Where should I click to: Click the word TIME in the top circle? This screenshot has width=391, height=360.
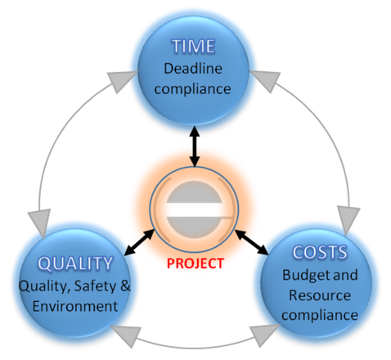click(x=193, y=46)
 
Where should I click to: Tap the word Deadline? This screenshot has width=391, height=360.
click(x=193, y=68)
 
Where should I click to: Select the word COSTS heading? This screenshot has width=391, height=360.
click(x=320, y=252)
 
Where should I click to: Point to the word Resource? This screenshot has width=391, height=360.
click(x=320, y=295)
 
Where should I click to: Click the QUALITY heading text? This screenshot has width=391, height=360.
click(x=75, y=263)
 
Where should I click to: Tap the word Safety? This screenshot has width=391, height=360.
click(x=95, y=286)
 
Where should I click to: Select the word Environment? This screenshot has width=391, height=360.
click(x=75, y=306)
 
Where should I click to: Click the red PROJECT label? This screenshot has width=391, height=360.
click(x=195, y=263)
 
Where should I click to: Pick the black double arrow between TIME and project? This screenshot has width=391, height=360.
click(x=195, y=146)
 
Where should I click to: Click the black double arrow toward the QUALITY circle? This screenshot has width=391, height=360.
click(x=139, y=242)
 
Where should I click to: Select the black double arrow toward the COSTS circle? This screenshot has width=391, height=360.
click(x=252, y=242)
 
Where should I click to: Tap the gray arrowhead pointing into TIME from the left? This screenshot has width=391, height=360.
click(x=121, y=81)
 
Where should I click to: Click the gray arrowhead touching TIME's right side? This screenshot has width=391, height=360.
click(x=266, y=80)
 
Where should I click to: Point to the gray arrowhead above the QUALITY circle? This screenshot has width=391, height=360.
click(x=40, y=222)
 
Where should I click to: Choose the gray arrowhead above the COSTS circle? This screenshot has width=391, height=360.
click(x=348, y=219)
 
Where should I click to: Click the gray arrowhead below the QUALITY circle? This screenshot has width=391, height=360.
click(x=128, y=335)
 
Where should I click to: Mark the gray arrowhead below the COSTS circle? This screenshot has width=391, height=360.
click(x=263, y=335)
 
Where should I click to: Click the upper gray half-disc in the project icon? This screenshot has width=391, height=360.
click(x=194, y=191)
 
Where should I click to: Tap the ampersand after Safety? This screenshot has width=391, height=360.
click(x=125, y=286)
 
